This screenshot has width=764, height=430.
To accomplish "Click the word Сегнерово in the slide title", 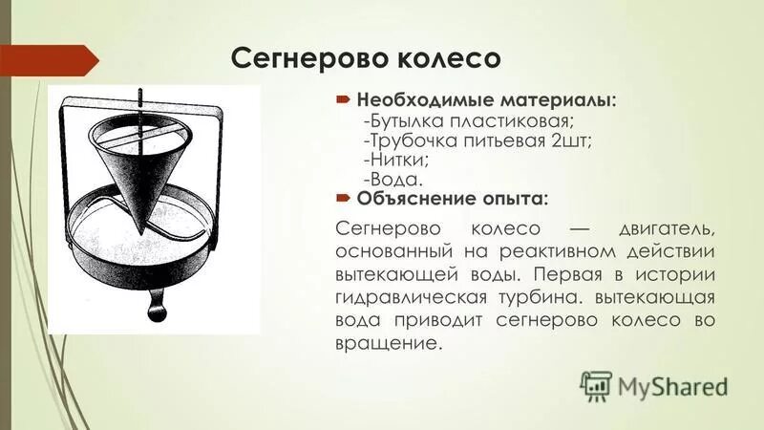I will point(299,57).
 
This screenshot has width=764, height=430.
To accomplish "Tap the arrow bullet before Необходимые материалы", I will point(345,99).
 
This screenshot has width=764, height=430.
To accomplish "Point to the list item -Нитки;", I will point(393,160).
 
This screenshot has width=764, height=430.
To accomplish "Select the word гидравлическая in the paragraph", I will point(414,297).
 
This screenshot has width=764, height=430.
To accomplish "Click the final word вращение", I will point(390,342).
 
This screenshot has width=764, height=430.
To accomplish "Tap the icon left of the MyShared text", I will point(594,384).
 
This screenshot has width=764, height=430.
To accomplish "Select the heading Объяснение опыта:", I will point(452,199).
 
